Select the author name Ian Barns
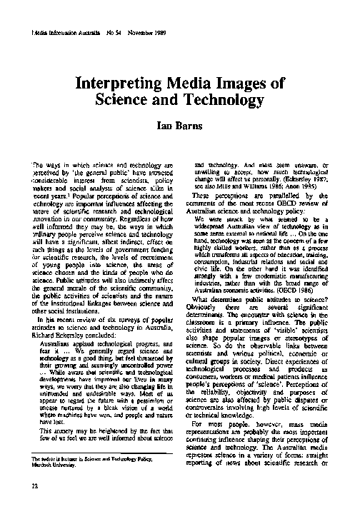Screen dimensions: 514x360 tap(181, 127)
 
